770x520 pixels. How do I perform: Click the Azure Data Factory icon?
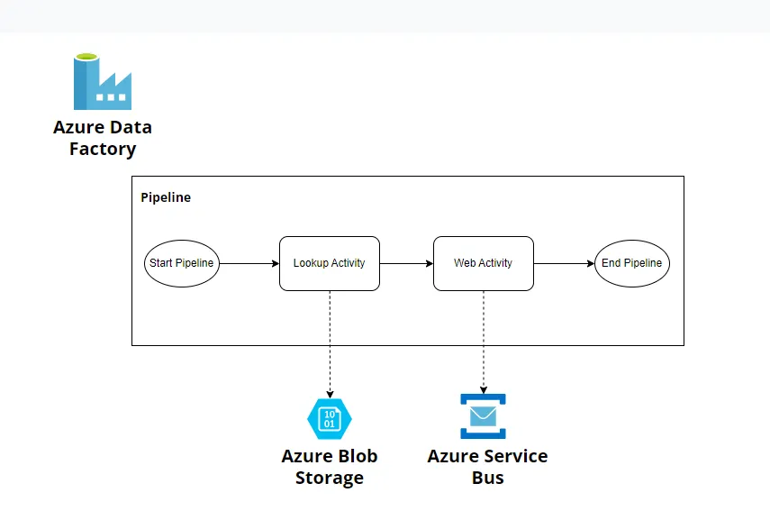102,82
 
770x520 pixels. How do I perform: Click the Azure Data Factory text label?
102,138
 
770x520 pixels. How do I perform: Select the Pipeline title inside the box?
166,197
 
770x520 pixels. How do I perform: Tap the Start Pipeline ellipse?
181,263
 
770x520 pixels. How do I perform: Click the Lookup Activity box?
329,263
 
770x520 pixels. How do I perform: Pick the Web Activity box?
483,263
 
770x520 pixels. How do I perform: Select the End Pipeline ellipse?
631,263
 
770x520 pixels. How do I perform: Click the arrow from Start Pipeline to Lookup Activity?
249,263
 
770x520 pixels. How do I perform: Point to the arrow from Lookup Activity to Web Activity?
406,263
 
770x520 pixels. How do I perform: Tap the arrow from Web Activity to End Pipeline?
564,263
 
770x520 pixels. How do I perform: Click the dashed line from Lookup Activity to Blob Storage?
330,342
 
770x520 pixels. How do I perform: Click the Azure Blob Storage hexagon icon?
330,418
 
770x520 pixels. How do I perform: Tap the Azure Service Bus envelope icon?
484,415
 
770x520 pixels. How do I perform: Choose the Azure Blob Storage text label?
330,467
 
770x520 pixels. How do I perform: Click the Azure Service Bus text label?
487,467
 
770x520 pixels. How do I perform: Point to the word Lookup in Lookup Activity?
311,263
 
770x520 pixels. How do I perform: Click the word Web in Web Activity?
465,263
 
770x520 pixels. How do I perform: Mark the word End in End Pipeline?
611,263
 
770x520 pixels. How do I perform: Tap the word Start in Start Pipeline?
162,263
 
